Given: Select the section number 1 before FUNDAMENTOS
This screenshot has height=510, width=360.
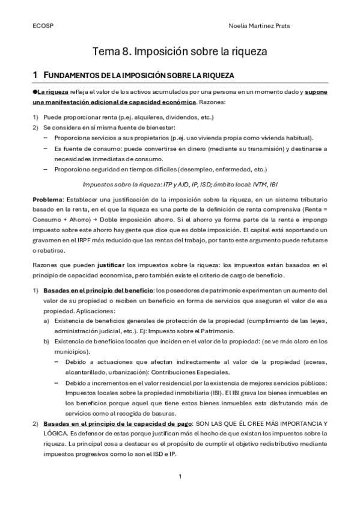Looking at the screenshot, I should point(35,75).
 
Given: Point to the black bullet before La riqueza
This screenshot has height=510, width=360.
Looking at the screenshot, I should point(35,92).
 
